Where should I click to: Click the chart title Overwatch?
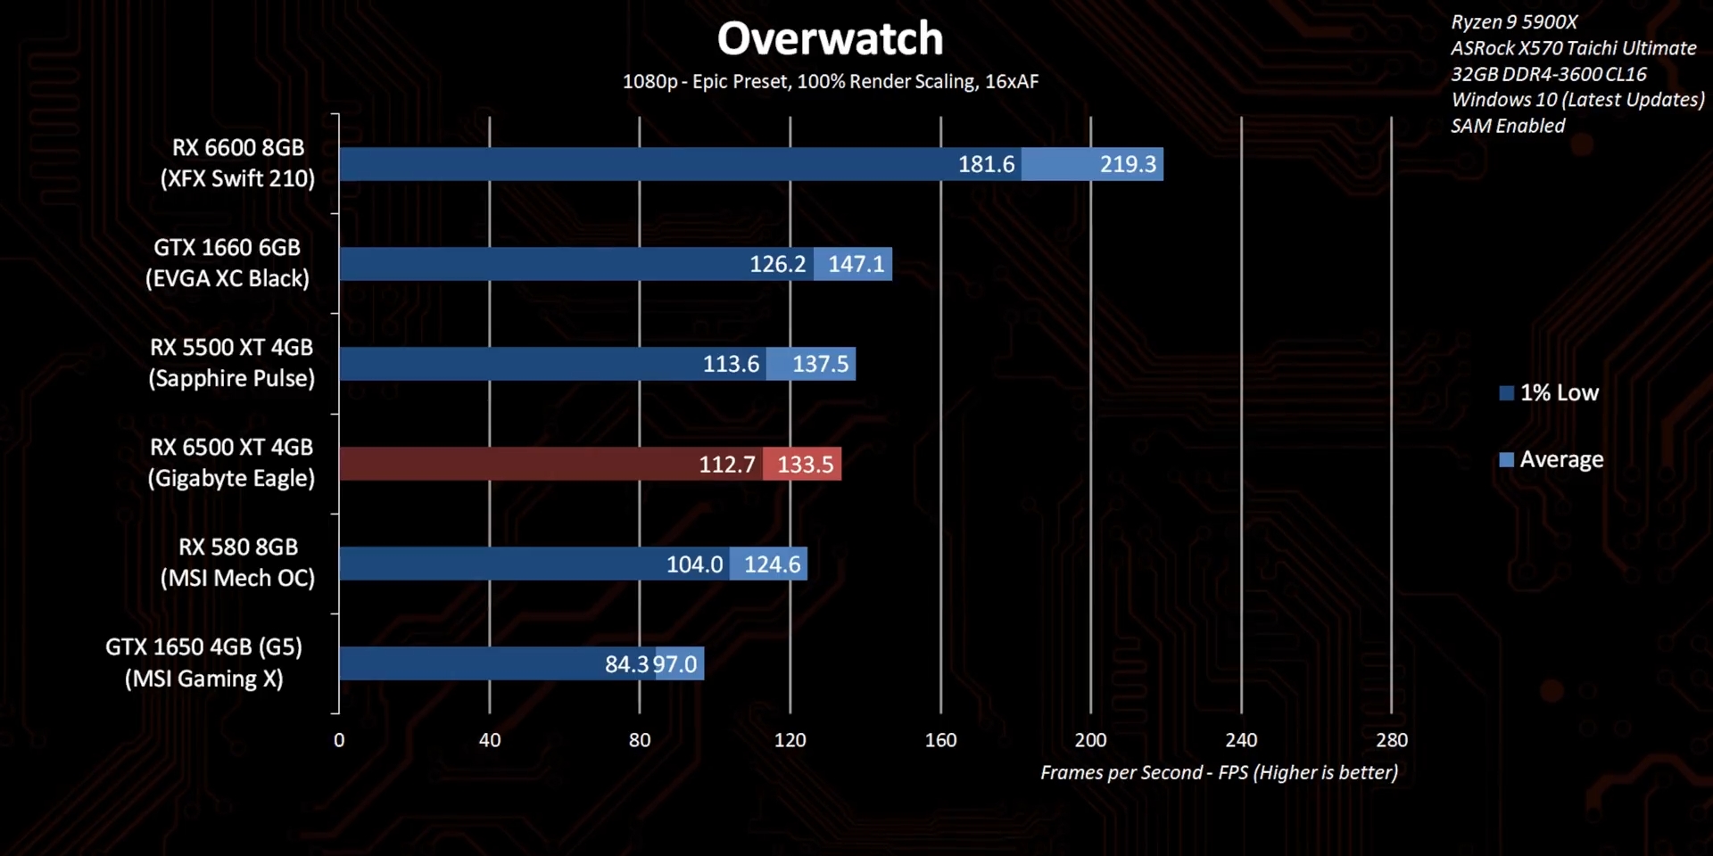click(830, 38)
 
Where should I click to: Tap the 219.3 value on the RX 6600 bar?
click(1127, 164)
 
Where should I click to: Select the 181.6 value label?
click(986, 164)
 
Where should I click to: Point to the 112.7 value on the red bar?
click(726, 465)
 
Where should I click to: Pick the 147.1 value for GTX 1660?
click(856, 264)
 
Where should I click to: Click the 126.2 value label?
click(777, 264)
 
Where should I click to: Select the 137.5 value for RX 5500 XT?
click(820, 364)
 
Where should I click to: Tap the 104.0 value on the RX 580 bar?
click(694, 564)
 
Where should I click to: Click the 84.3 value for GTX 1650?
click(626, 664)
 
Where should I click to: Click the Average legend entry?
click(1552, 460)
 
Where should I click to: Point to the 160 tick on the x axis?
click(940, 740)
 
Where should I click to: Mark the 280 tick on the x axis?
click(1391, 740)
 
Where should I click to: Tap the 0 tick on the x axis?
click(339, 740)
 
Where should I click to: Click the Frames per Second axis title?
click(1219, 773)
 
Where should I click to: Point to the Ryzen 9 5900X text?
click(1514, 22)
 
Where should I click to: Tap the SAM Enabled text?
click(1508, 126)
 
